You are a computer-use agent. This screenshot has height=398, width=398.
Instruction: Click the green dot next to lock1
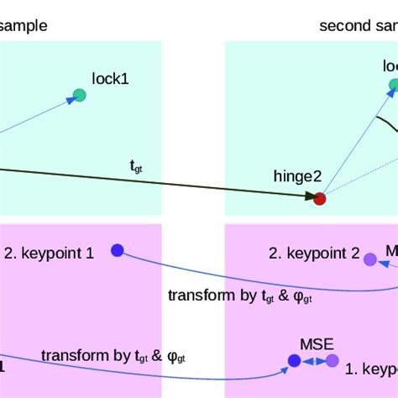(80, 95)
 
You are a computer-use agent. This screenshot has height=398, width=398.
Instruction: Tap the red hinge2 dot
(319, 199)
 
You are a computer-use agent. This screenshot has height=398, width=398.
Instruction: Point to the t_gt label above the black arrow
(136, 167)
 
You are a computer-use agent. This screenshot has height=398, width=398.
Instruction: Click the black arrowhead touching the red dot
(307, 196)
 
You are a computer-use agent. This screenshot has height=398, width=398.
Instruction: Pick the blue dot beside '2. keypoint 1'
(118, 249)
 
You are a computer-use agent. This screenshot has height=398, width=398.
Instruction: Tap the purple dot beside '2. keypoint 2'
(369, 259)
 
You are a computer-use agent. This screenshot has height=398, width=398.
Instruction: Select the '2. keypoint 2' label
(314, 252)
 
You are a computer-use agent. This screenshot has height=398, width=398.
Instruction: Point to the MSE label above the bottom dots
(317, 343)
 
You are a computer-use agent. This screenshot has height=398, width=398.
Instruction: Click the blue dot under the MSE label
(294, 361)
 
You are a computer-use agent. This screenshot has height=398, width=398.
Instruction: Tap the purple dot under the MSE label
(333, 361)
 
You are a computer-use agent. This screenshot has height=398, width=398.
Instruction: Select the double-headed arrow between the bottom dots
(313, 361)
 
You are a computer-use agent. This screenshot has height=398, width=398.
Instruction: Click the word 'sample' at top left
(24, 25)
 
